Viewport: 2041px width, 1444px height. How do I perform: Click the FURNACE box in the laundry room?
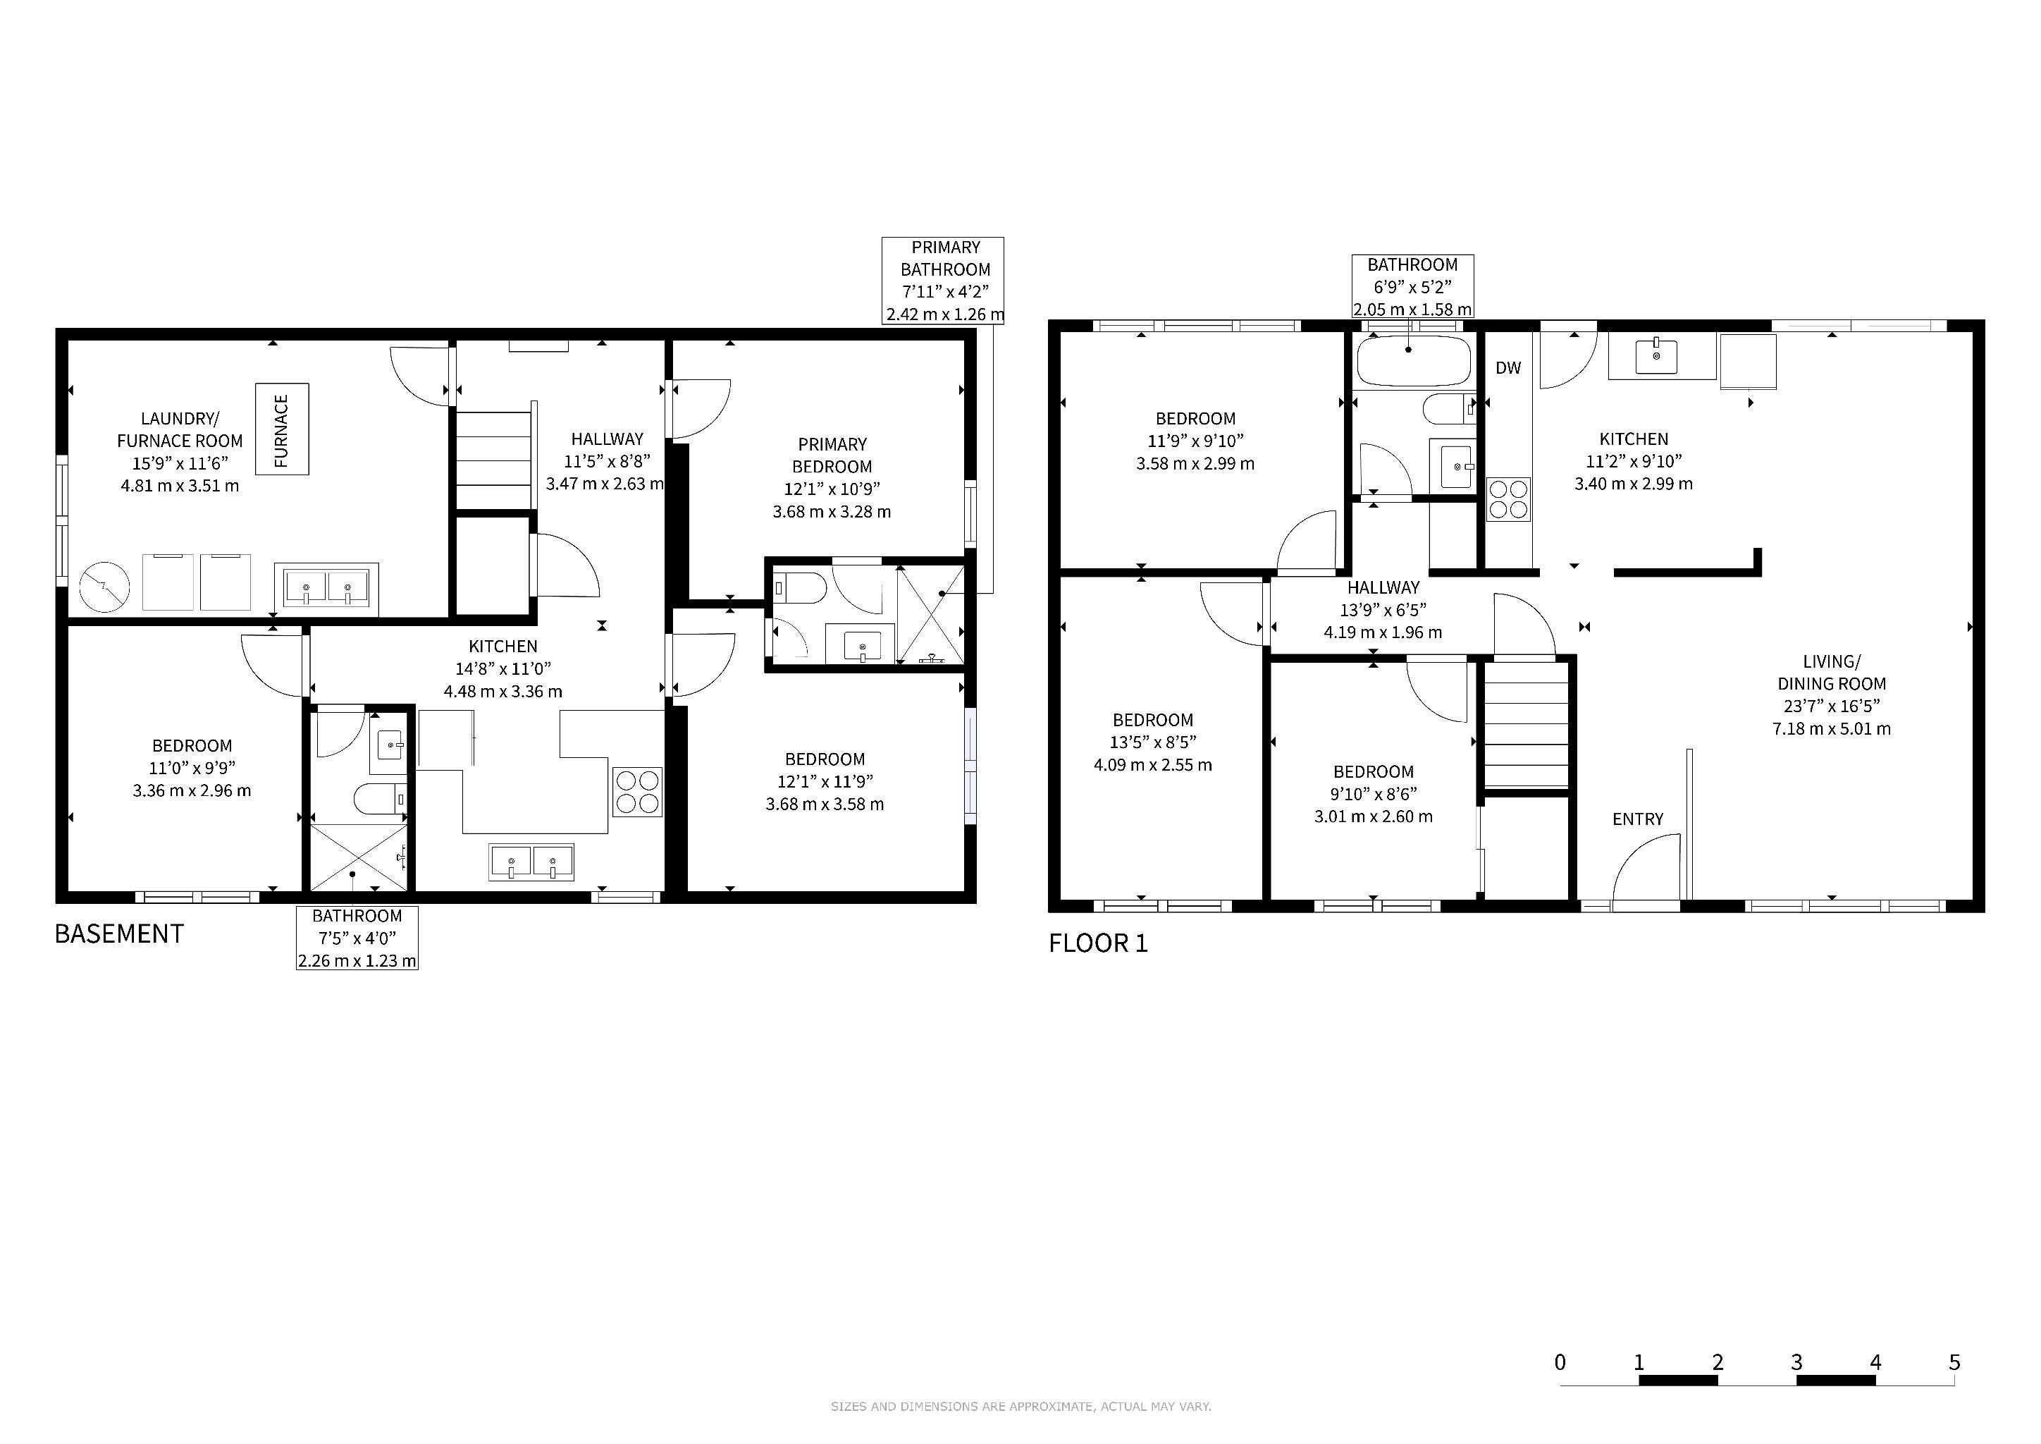282,429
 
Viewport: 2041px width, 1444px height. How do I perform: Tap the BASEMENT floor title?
119,934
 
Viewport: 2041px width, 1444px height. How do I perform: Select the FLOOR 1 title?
1098,943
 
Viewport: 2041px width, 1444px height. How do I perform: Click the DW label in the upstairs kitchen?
1507,368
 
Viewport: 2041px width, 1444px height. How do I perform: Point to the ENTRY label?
1637,819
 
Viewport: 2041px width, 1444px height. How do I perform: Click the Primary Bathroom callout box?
943,281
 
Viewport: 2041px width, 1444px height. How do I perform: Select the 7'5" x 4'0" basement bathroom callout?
357,937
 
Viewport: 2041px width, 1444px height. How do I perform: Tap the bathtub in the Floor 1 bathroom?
1414,361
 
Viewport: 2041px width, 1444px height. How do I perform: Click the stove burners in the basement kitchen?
637,791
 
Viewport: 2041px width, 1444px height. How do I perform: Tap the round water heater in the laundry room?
105,587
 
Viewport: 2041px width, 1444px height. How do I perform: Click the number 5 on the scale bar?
1954,1362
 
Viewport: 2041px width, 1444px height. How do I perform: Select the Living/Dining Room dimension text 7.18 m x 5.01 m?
1831,729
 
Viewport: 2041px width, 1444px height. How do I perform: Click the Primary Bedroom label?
832,455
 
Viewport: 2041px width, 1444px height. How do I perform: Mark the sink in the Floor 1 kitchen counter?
1656,357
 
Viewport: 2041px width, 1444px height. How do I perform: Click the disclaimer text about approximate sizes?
1020,1407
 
